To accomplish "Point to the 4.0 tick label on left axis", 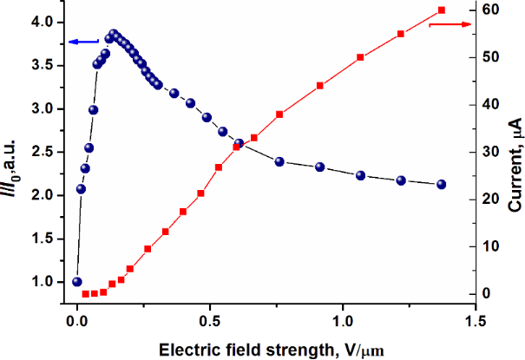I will (40, 22).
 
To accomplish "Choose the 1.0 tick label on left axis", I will (40, 282).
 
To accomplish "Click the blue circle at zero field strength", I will (77, 282).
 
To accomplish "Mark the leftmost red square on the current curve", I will (85, 294).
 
